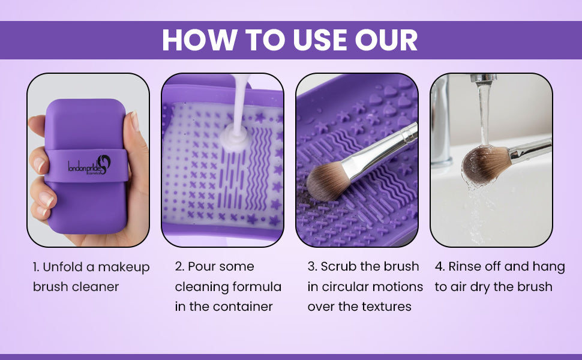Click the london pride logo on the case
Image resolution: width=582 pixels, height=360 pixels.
[x=89, y=165]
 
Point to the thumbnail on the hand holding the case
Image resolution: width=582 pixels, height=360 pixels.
[x=134, y=121]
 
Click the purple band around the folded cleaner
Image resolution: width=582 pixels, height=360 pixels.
[x=86, y=166]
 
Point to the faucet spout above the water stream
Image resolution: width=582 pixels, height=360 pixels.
[x=483, y=78]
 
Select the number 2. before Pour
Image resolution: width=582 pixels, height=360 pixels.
[x=179, y=266]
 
